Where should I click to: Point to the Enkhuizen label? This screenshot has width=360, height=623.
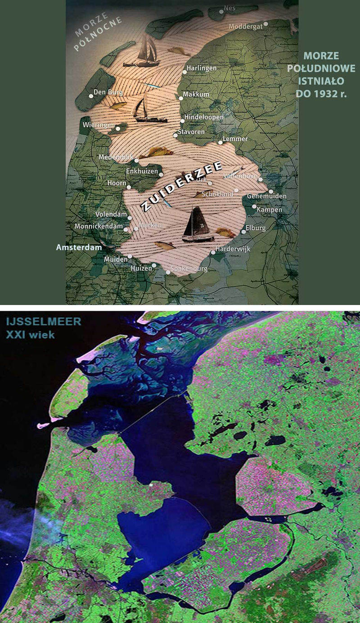pyautogui.click(x=142, y=171)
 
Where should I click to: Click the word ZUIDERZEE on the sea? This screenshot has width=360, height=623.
pyautogui.click(x=182, y=186)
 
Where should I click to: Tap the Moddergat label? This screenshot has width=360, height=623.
pyautogui.click(x=245, y=27)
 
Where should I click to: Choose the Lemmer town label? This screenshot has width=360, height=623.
pyautogui.click(x=235, y=139)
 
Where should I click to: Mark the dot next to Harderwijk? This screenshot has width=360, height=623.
pyautogui.click(x=213, y=252)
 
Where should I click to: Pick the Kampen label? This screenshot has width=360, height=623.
pyautogui.click(x=270, y=210)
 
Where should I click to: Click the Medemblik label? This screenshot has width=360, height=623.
pyautogui.click(x=116, y=157)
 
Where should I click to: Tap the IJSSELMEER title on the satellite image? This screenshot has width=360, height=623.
pyautogui.click(x=44, y=322)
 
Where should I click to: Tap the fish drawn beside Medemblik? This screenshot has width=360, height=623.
pyautogui.click(x=155, y=152)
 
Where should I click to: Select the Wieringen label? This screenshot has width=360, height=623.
pyautogui.click(x=98, y=125)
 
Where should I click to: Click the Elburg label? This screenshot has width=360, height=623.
pyautogui.click(x=256, y=228)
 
